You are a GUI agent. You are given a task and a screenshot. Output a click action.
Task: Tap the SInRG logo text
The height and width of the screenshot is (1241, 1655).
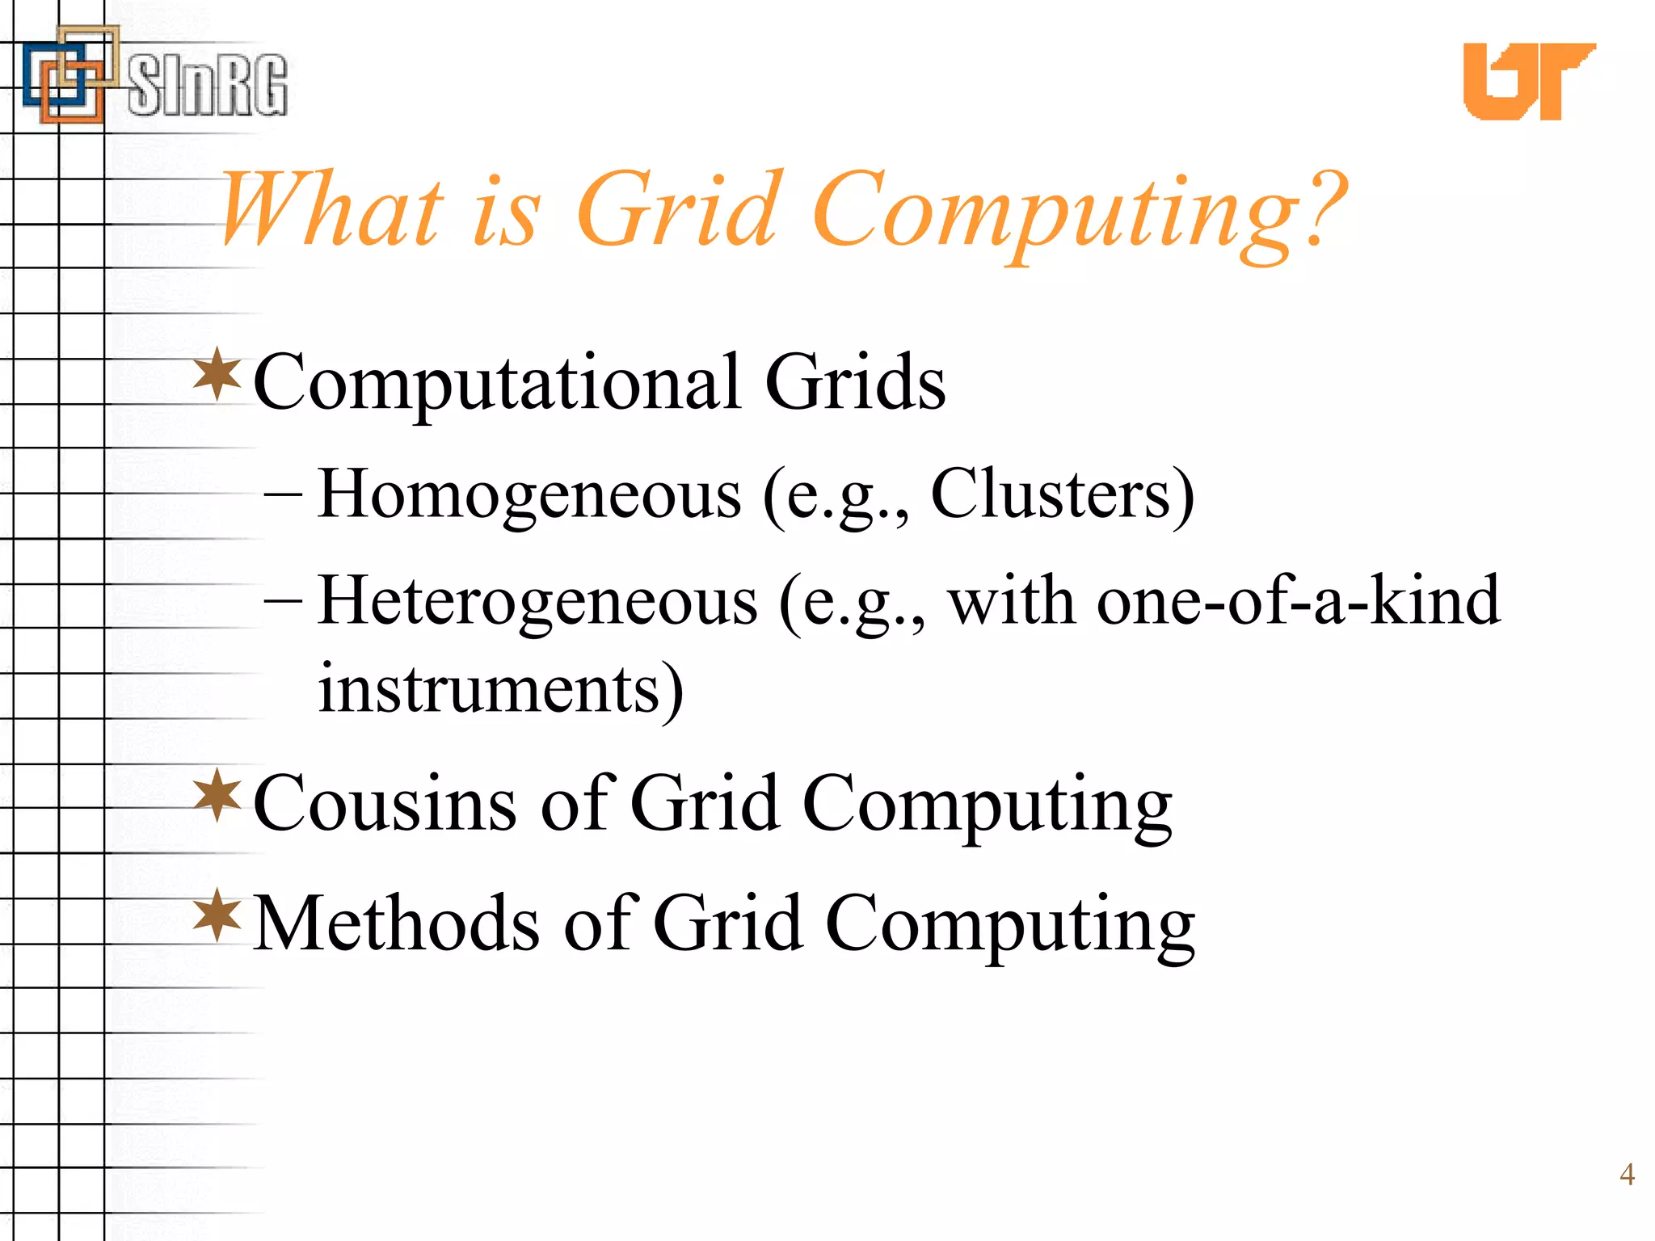[208, 85]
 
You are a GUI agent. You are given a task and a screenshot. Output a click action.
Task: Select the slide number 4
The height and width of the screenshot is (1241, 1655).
[1627, 1174]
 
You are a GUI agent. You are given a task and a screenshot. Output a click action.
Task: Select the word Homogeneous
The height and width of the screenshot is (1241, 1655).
[529, 494]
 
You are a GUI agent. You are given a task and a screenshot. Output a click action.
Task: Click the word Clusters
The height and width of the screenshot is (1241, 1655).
[1051, 494]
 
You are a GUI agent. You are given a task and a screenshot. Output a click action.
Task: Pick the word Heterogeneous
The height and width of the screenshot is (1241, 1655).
[537, 602]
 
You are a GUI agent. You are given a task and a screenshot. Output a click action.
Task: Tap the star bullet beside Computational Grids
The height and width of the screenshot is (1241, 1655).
[217, 374]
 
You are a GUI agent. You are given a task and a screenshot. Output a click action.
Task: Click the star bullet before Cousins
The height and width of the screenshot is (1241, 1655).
[217, 795]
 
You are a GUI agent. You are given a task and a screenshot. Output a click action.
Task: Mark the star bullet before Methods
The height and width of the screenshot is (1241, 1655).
[217, 915]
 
